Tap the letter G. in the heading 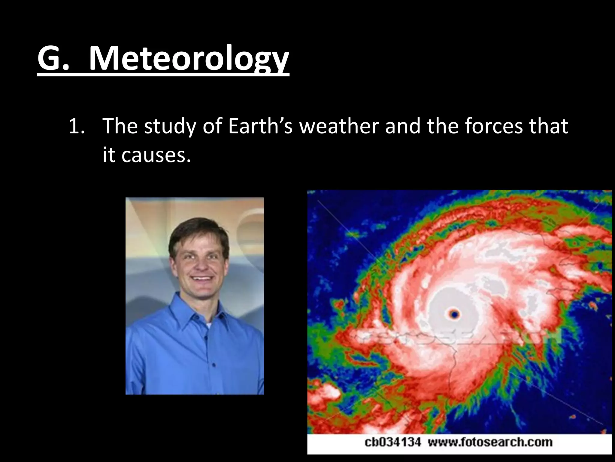point(53,59)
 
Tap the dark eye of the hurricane point(454,315)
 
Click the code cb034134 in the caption point(392,442)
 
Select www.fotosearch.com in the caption point(490,442)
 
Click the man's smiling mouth point(201,279)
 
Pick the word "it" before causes point(109,156)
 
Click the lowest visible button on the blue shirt point(214,365)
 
